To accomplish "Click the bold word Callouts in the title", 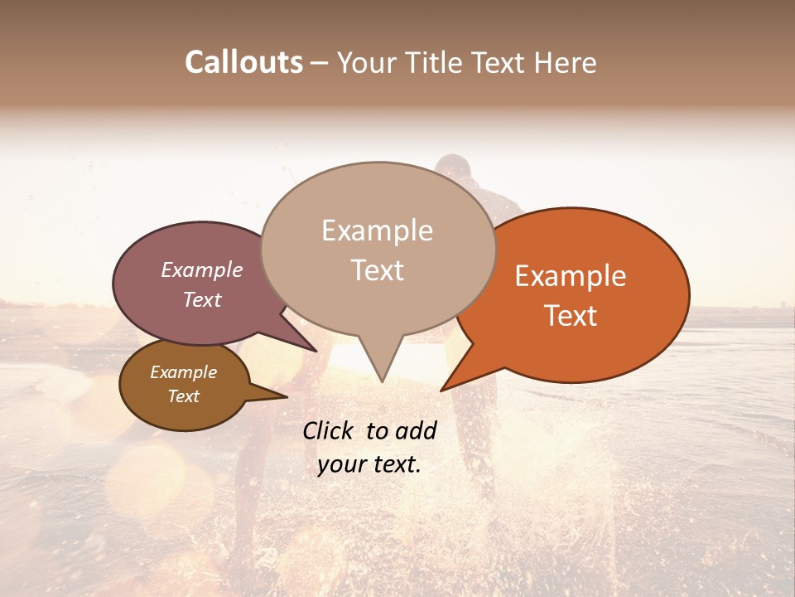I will click(243, 62).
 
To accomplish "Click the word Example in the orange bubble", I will click(571, 276).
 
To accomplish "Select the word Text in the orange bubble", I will click(571, 316).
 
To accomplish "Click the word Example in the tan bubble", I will click(377, 231).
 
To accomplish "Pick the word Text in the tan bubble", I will click(378, 270).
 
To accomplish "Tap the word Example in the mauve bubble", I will click(201, 270).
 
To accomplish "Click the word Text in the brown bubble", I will click(183, 396).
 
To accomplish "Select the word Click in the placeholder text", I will click(327, 430).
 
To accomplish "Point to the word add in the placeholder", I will click(416, 430).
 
